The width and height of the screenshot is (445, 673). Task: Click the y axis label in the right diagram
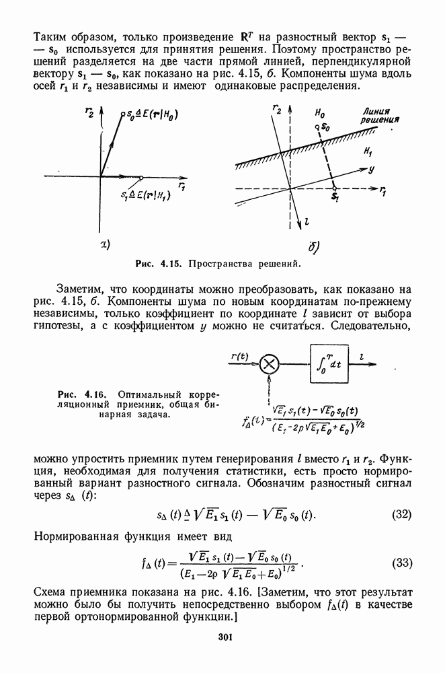[x=371, y=170]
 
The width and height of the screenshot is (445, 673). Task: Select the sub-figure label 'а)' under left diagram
[x=105, y=243]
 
